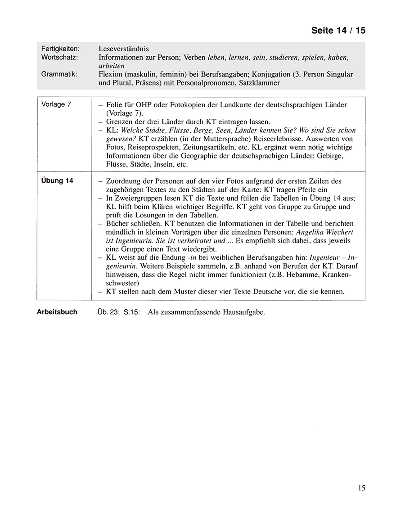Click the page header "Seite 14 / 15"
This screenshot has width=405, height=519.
[x=338, y=31]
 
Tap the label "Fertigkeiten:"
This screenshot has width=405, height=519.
[x=60, y=49]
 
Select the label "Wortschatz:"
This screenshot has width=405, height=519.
[x=59, y=57]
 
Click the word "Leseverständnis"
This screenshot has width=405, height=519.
[x=124, y=49]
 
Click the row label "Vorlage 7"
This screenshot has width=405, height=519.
[x=56, y=104]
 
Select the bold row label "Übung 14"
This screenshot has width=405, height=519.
[x=57, y=181]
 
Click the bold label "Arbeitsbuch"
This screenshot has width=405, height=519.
[x=57, y=311]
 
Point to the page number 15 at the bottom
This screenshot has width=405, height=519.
[x=361, y=488]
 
